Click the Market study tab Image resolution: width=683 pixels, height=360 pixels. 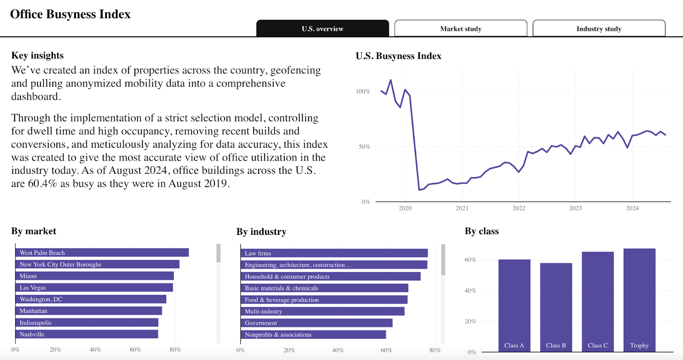(461, 29)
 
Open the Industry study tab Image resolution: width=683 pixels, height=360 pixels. (598, 29)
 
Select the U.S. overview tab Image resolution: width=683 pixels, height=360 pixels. (322, 29)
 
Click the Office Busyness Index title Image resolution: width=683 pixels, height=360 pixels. (70, 14)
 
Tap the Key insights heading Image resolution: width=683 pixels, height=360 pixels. (38, 56)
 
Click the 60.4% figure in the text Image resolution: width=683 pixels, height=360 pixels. (42, 184)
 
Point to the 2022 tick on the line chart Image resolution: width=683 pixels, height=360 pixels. (519, 208)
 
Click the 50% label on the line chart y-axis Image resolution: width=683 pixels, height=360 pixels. (364, 146)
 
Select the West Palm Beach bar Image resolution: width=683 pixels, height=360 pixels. (102, 253)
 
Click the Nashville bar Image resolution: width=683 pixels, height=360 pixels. (87, 334)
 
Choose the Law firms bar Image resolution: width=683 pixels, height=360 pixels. (334, 253)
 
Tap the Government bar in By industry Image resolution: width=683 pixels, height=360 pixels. (317, 323)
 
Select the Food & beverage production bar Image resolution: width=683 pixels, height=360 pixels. (324, 300)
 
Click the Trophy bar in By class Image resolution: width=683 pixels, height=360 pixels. (639, 299)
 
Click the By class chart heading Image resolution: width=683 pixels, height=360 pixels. (482, 231)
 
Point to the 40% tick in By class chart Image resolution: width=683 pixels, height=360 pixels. (470, 290)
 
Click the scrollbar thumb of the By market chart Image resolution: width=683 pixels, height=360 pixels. (219, 253)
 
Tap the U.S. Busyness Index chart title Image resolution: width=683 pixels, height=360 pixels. (398, 56)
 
